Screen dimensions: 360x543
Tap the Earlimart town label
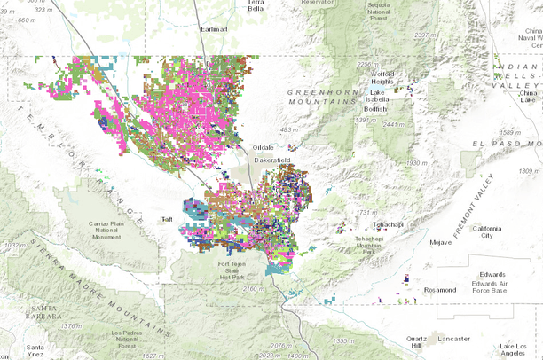[214, 29]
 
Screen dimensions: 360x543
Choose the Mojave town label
[440, 241]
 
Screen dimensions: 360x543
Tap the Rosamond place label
[440, 290]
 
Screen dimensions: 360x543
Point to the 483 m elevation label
[289, 130]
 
